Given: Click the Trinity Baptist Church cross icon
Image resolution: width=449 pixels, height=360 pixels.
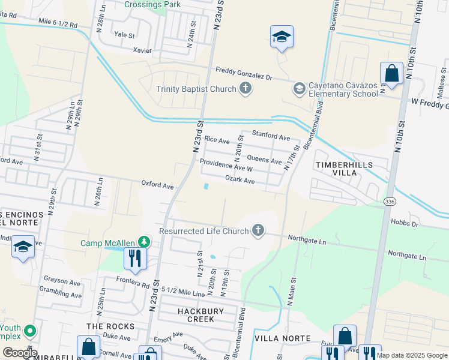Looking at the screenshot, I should coord(245,89).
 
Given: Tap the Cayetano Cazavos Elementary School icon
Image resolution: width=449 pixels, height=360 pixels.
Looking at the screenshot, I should coord(298,89).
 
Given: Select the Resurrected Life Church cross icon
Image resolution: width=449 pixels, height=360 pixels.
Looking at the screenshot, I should coord(258,231).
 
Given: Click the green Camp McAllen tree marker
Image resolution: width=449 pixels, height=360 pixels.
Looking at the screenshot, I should coord(143,242).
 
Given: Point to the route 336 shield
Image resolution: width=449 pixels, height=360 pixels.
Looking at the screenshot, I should coord(390,202).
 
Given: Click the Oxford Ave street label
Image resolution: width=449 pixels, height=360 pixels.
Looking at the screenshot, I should coord(157,186).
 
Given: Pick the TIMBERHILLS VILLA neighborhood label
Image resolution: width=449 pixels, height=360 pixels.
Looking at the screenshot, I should coord(344,169).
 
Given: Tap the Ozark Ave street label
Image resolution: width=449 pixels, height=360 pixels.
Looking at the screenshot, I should coord(240,181).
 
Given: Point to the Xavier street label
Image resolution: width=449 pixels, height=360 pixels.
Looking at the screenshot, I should coord(142,51).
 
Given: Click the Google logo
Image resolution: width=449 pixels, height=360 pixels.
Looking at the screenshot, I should coord(20,353).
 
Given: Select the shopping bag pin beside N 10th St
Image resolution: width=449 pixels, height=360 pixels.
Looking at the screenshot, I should coord(391,74).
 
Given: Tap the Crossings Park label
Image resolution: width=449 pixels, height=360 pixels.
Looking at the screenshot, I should coord(152,4).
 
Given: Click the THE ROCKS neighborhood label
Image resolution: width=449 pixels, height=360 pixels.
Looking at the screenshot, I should coord(110,326).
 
